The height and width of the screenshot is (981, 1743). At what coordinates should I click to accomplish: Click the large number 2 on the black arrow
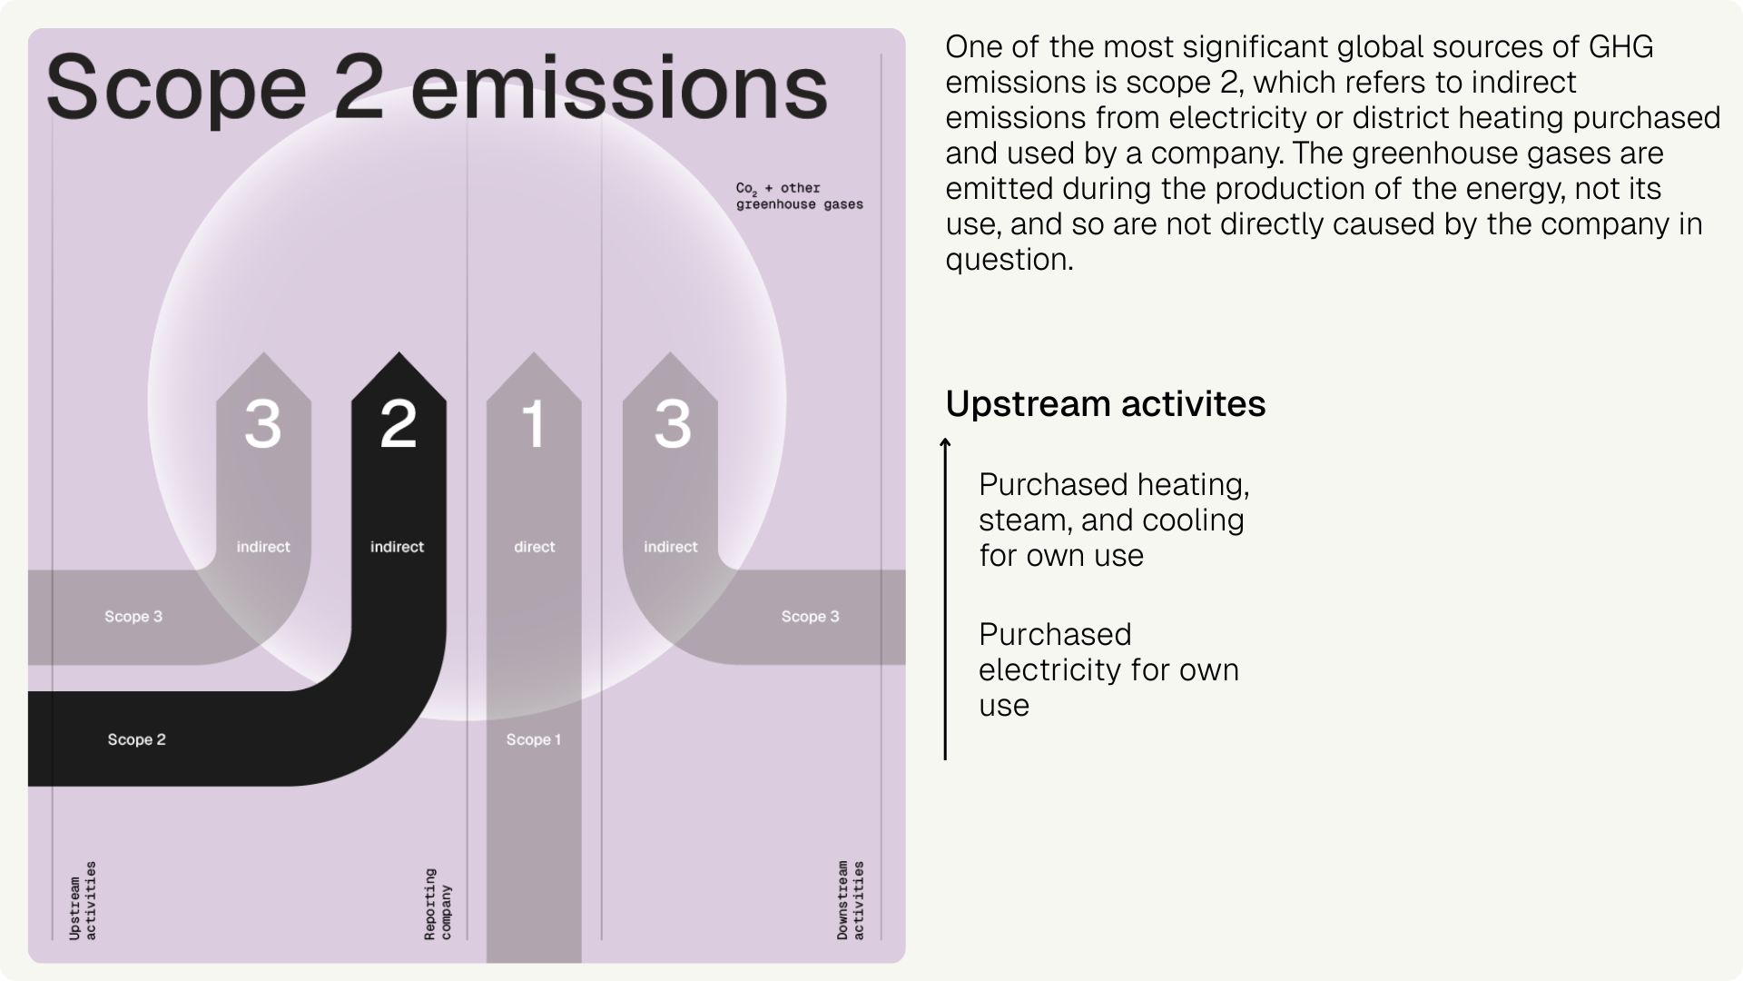tap(399, 423)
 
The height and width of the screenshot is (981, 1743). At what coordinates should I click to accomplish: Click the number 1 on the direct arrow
tap(534, 423)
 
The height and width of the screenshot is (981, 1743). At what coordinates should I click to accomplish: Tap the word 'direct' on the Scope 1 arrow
tap(534, 547)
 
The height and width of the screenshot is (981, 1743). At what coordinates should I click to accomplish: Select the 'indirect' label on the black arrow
tap(397, 547)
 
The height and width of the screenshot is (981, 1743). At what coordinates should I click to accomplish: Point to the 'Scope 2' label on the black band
tap(136, 739)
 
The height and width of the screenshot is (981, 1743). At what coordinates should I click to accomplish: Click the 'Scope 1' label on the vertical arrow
tap(534, 739)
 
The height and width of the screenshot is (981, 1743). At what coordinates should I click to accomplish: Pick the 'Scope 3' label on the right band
tap(810, 617)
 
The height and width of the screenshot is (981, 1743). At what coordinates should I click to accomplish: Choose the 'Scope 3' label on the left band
tap(133, 617)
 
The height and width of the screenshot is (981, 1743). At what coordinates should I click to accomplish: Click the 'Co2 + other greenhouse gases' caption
tap(799, 196)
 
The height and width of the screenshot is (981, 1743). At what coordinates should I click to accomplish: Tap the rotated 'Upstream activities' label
tap(83, 900)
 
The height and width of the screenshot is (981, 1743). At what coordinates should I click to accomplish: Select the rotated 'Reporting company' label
tap(438, 904)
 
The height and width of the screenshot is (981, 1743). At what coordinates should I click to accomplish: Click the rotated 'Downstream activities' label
tap(851, 900)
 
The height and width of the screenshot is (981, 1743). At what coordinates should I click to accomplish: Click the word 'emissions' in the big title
tap(619, 88)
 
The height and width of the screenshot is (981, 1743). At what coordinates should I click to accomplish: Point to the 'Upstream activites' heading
tap(1105, 403)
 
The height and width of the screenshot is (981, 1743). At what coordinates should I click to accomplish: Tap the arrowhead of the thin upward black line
tap(945, 442)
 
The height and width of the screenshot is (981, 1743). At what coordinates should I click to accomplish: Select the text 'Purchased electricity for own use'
tap(1108, 669)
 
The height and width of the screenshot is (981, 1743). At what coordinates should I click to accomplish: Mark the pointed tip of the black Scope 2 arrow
tap(399, 355)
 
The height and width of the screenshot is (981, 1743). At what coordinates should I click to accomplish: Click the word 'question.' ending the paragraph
tap(1009, 260)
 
